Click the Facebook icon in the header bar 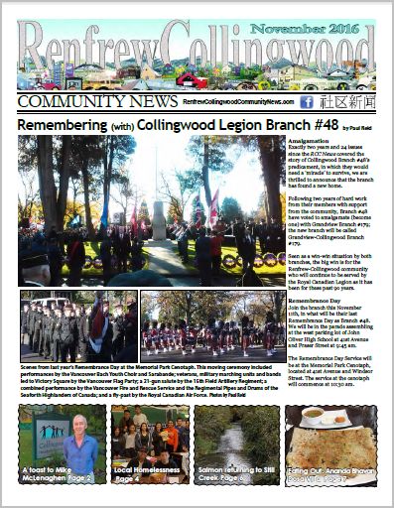[x=308, y=102]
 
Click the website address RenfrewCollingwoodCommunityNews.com [x=238, y=102]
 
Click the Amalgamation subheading [x=312, y=142]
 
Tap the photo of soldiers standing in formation [x=78, y=324]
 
